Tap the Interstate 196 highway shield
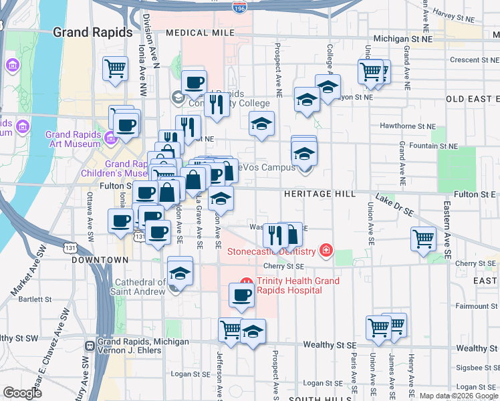click(x=239, y=7)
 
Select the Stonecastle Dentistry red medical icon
click(x=326, y=251)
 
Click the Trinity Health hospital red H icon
click(x=246, y=281)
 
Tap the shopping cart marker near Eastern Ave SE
click(x=424, y=239)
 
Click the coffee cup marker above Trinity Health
click(x=241, y=295)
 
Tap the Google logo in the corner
click(x=23, y=393)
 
